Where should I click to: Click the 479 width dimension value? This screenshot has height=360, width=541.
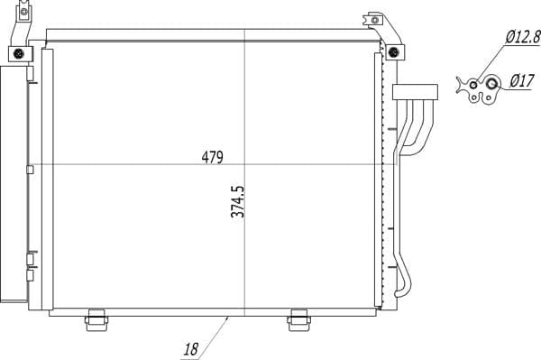[212, 156]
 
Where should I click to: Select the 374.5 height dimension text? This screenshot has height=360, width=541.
[237, 215]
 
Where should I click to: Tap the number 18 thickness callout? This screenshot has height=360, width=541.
[190, 348]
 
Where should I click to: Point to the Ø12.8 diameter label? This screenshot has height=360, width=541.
[522, 38]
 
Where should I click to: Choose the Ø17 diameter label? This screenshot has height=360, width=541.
[521, 81]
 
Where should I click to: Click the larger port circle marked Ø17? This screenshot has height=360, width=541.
[492, 86]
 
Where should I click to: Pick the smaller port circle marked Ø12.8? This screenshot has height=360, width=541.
[474, 87]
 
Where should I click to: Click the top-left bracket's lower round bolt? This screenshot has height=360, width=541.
[20, 56]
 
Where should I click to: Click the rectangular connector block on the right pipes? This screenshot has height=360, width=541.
[414, 90]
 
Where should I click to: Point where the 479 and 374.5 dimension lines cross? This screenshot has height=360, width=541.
[244, 164]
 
